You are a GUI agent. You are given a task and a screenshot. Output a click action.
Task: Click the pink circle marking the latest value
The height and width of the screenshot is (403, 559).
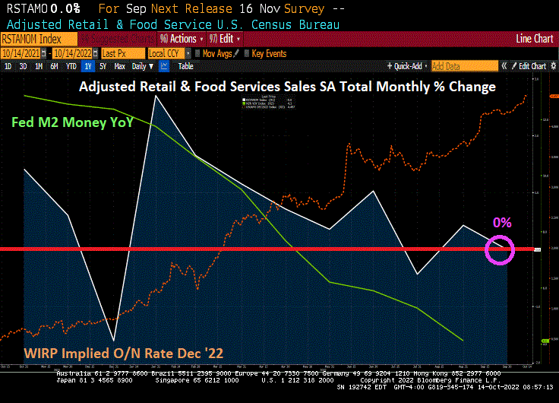coord(500,249)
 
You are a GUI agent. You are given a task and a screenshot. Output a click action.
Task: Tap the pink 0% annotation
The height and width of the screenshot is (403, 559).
coord(502,223)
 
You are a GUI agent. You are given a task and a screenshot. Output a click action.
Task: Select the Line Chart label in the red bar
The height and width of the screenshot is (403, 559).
coord(534,39)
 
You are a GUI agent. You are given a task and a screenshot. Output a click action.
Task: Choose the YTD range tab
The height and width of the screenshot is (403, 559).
coord(71,66)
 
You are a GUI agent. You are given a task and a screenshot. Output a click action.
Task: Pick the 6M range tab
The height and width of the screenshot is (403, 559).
coord(55,66)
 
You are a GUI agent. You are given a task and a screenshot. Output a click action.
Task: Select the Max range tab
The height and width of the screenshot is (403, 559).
coord(119,66)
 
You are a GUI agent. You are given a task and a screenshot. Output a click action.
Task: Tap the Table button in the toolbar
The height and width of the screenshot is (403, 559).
coord(185,66)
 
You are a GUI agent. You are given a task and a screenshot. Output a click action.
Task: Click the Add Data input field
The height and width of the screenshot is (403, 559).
coord(464,66)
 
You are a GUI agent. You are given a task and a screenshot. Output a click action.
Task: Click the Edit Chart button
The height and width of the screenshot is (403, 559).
coord(532,66)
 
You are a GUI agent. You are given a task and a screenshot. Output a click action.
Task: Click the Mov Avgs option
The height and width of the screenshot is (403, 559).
coord(217,53)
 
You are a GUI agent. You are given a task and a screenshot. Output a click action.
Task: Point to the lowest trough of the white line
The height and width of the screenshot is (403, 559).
coord(114,340)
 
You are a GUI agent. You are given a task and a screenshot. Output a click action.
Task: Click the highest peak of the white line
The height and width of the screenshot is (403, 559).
coord(156,97)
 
